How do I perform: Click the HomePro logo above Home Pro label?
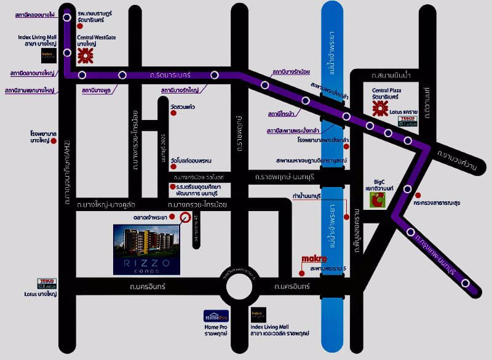pos(216,316)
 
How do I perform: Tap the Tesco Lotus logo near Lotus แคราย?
pos(408,121)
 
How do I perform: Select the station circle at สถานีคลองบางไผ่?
pos(67,18)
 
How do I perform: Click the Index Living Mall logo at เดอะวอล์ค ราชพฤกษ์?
pos(258,314)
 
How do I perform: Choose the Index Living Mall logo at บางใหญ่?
pos(49,55)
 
